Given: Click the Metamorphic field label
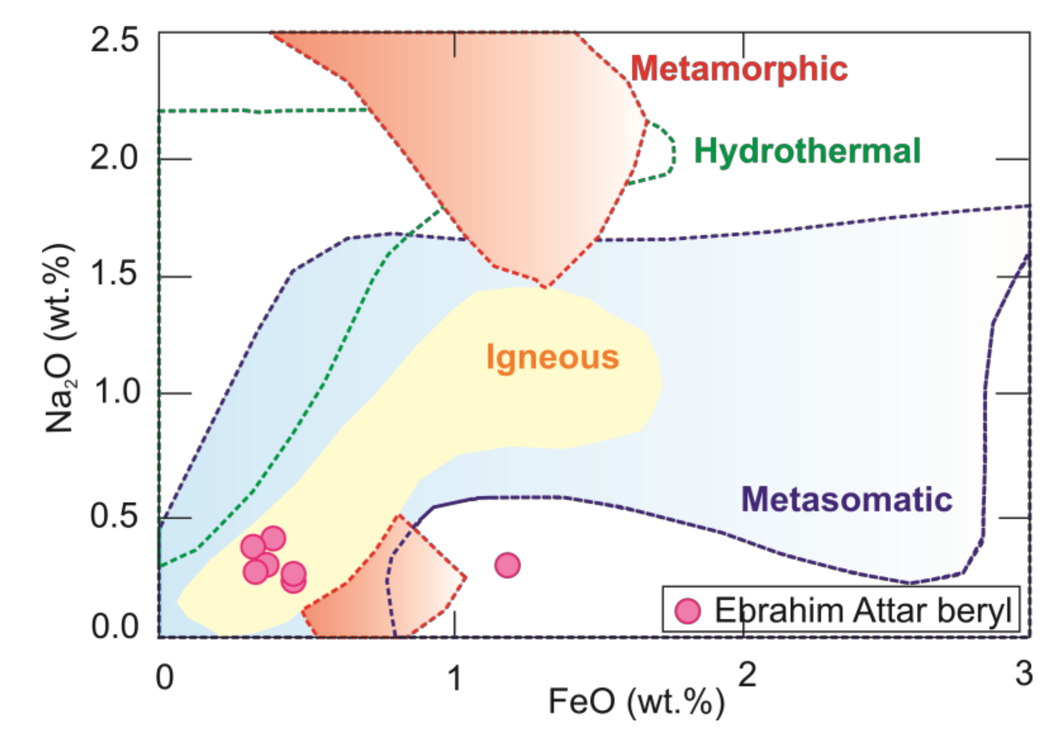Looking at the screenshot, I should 739,68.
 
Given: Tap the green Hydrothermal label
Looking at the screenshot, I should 807,151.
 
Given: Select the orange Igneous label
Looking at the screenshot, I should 552,357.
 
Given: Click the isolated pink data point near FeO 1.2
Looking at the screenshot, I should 507,565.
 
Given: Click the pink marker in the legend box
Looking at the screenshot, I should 687,611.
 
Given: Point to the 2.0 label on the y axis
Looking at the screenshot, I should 114,158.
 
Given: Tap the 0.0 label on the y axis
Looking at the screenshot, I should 114,627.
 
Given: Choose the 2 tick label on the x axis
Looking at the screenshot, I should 747,674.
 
